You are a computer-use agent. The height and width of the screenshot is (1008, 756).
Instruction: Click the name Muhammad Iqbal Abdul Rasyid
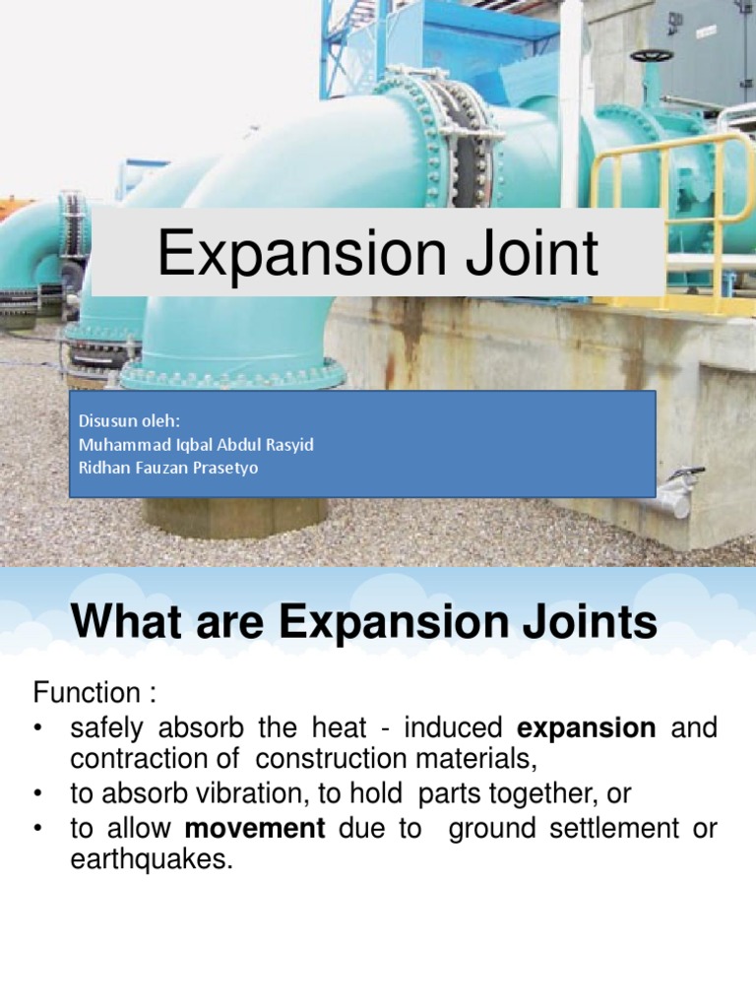pyautogui.click(x=196, y=444)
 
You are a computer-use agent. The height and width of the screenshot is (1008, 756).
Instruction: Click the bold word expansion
pyautogui.click(x=587, y=728)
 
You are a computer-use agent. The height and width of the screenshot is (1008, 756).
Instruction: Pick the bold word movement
pyautogui.click(x=255, y=829)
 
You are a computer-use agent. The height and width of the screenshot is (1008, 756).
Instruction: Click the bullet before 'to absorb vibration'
pyautogui.click(x=38, y=794)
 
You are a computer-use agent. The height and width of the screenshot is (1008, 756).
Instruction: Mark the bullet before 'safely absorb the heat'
pyautogui.click(x=38, y=728)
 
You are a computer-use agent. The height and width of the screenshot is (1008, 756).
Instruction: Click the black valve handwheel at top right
pyautogui.click(x=651, y=55)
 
